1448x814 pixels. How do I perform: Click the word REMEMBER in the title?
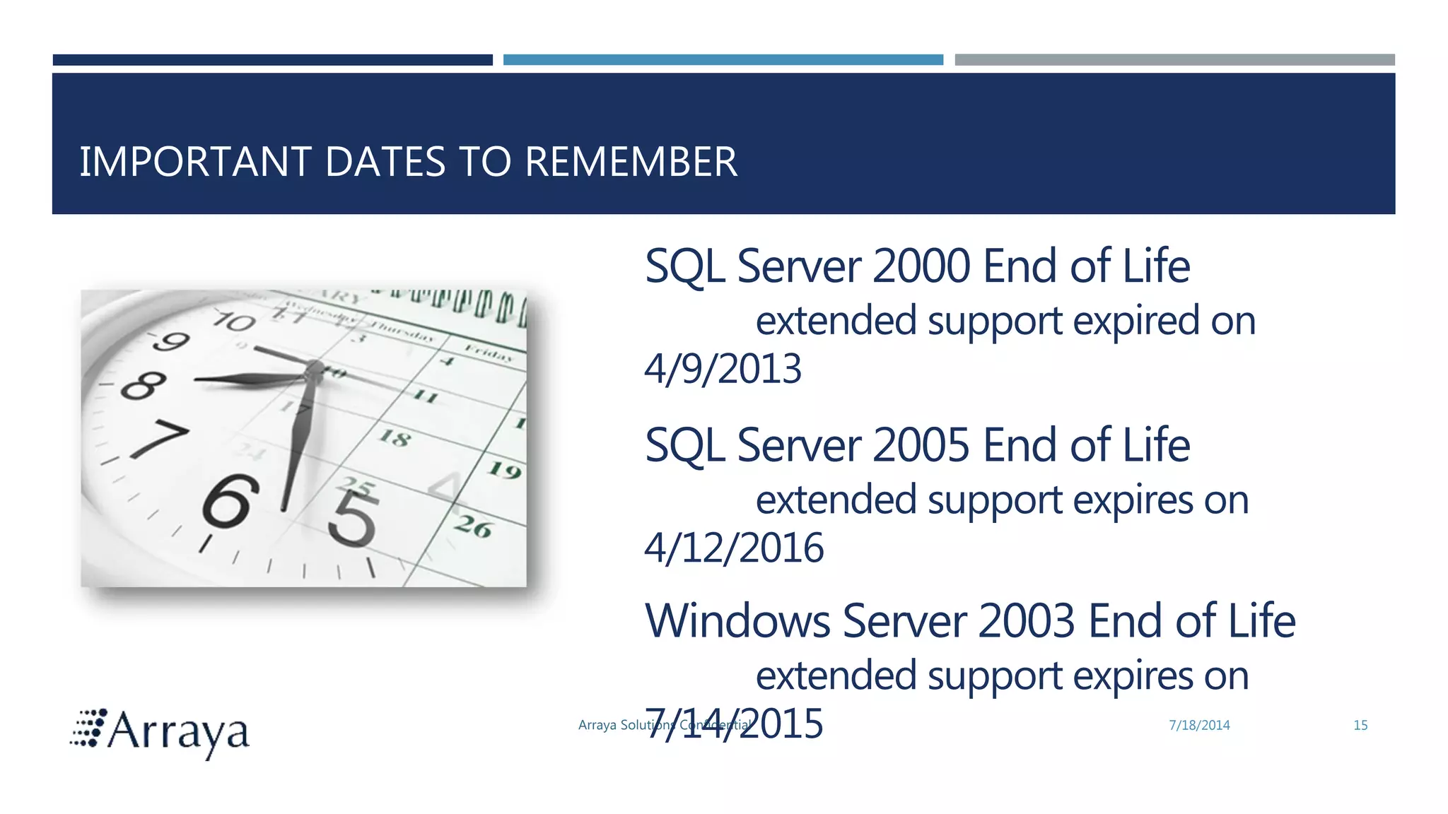631,162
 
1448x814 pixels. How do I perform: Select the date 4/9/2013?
723,369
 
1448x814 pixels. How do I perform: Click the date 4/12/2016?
734,548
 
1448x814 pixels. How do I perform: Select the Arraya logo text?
177,732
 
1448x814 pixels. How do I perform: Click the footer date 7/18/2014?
1199,725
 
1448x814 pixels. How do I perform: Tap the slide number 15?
1360,725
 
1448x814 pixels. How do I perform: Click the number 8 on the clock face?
144,385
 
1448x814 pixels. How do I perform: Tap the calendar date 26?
472,526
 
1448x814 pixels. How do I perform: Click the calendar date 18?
395,438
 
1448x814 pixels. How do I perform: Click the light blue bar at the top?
723,60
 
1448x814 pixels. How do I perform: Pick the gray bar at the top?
1174,60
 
